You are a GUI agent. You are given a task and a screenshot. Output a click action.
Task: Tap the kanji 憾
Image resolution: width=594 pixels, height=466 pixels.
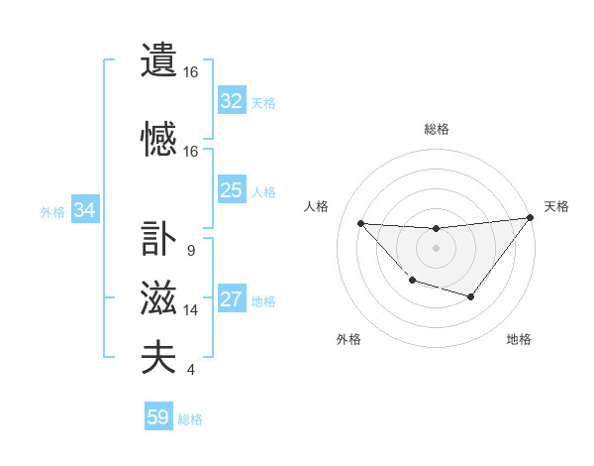(158, 140)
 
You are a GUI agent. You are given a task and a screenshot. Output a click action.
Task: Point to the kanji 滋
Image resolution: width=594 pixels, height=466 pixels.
(158, 298)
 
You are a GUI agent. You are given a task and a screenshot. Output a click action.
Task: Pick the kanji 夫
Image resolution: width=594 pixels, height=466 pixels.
(158, 358)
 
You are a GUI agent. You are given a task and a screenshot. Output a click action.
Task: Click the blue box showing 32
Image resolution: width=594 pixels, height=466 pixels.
(232, 101)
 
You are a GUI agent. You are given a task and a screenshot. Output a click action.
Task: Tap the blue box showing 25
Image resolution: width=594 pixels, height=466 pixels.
(232, 190)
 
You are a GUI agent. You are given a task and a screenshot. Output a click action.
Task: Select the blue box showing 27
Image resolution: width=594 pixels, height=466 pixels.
(232, 299)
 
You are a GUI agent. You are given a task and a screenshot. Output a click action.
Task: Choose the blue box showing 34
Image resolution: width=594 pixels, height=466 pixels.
(85, 210)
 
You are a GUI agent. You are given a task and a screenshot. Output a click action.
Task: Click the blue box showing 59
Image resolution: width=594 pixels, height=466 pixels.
(158, 417)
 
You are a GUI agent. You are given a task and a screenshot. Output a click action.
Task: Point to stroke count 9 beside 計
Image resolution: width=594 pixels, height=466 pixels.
(190, 251)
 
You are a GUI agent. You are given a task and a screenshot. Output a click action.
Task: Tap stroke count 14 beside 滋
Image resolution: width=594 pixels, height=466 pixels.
(191, 310)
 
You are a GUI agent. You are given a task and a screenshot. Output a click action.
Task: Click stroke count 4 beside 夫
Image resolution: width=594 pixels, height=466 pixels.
(190, 370)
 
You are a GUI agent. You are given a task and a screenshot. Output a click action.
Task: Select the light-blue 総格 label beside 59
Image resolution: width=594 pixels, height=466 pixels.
(191, 419)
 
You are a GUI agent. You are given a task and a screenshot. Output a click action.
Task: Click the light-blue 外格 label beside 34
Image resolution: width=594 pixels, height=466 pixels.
(52, 211)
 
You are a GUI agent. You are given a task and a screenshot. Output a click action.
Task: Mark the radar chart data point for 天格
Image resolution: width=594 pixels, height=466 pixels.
(531, 218)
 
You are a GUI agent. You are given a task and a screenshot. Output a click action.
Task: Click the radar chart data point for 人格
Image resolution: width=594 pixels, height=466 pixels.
(360, 223)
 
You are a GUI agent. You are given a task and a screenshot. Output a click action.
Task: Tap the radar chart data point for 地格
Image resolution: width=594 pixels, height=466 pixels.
(471, 296)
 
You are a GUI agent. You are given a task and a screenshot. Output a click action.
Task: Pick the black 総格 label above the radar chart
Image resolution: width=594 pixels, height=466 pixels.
(436, 129)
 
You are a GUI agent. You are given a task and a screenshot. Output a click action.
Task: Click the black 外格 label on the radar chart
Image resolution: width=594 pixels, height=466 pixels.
(348, 339)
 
